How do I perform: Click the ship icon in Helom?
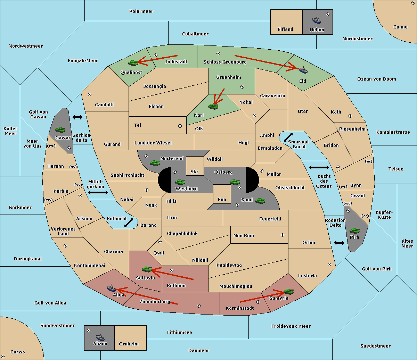317,20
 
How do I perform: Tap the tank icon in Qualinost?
133,63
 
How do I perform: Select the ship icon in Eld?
303,70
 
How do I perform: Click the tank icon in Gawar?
60,129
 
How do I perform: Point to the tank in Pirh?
354,231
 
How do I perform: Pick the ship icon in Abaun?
100,337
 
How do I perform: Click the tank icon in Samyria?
288,291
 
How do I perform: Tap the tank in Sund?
260,201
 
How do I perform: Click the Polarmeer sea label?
141,11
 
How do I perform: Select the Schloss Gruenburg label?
225,62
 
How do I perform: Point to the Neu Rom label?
244,235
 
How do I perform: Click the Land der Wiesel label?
153,143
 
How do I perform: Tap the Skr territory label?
195,171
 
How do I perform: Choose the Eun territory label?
222,199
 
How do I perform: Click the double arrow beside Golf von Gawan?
77,117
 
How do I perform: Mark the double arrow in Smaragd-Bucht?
288,137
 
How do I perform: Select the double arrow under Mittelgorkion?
98,192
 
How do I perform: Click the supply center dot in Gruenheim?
242,87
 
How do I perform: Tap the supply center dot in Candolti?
90,94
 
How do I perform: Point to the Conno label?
400,27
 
